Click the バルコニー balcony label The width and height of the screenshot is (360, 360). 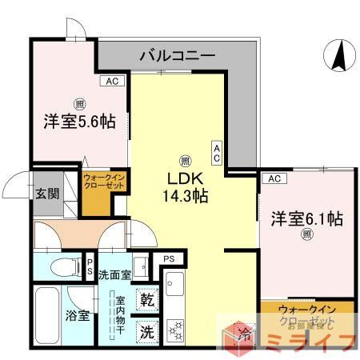tap(177, 56)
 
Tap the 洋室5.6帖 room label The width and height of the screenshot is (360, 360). tap(79, 122)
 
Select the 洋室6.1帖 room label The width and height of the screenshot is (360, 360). tap(306, 218)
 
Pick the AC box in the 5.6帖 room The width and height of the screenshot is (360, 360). tap(111, 82)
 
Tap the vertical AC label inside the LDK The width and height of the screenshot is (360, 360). tap(216, 153)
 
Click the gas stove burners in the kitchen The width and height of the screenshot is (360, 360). tap(175, 328)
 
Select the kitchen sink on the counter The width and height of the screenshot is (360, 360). tap(175, 283)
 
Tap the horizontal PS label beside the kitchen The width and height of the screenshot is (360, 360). tap(169, 258)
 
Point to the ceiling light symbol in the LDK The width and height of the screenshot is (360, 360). tap(185, 159)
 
